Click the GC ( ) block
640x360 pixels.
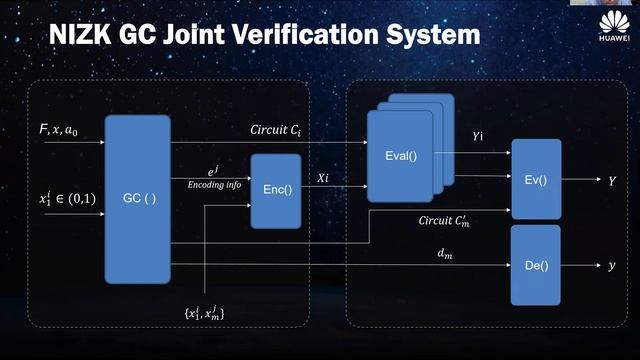(x=137, y=199)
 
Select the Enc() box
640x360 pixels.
(x=275, y=191)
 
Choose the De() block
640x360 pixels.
(x=535, y=265)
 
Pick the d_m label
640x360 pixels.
(x=445, y=254)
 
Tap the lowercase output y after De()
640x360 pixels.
(x=612, y=266)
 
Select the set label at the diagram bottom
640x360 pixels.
(x=204, y=315)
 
